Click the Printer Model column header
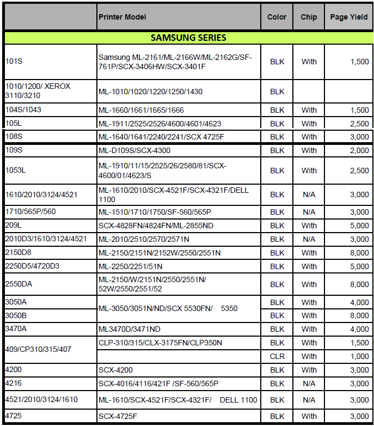[122, 17]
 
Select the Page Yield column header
[347, 17]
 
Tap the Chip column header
[309, 17]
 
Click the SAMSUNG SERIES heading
[188, 38]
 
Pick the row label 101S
[14, 62]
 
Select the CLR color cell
[277, 356]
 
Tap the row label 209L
[14, 226]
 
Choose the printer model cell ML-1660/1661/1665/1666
[141, 110]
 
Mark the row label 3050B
[16, 315]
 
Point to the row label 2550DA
[18, 284]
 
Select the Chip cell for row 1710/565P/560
[309, 212]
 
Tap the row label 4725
[14, 416]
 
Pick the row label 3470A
[16, 329]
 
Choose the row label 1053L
[15, 171]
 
